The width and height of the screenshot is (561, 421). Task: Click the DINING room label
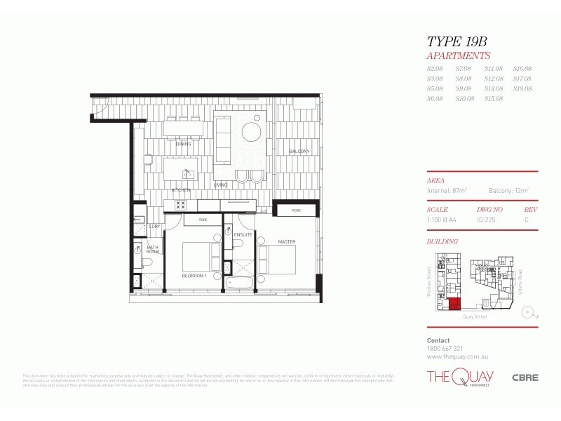(x=184, y=144)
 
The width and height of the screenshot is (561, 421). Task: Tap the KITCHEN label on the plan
(x=181, y=190)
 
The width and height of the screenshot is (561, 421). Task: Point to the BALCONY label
(x=299, y=152)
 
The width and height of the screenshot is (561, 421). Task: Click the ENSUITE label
(x=243, y=234)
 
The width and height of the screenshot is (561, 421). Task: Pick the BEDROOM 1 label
(x=194, y=276)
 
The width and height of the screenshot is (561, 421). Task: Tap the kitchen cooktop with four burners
(x=180, y=205)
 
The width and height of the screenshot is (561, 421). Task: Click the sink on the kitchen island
(x=188, y=173)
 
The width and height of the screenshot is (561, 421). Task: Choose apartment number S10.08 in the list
(x=465, y=99)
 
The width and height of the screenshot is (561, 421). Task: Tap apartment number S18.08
(x=522, y=88)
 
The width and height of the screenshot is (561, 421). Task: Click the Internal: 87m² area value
(x=447, y=190)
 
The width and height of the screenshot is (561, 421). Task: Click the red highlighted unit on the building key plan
(x=454, y=304)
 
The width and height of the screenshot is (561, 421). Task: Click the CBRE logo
(x=525, y=377)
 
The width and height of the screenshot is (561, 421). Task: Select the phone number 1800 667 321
(x=445, y=348)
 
